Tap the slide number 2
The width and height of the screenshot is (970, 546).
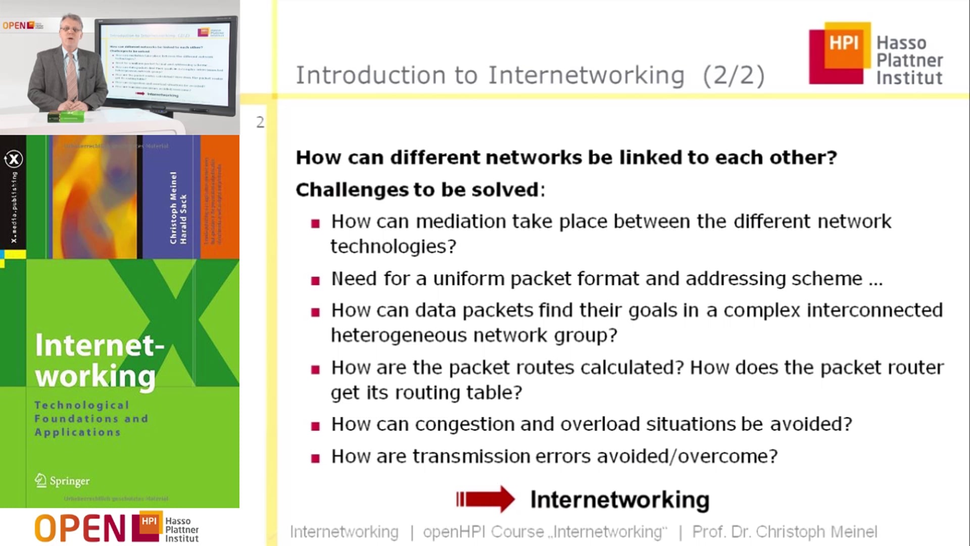click(x=260, y=122)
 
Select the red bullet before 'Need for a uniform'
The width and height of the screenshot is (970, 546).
click(x=316, y=280)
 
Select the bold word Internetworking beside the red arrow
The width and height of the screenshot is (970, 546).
click(x=619, y=499)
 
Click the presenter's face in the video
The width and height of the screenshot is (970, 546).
click(x=70, y=30)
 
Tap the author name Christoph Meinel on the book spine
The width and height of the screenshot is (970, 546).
click(x=173, y=207)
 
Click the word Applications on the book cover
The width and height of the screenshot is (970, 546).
click(x=77, y=432)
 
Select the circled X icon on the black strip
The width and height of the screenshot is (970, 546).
click(x=14, y=159)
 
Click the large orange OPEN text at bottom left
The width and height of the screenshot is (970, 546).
click(x=80, y=528)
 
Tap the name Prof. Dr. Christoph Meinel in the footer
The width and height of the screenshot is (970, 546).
click(x=784, y=532)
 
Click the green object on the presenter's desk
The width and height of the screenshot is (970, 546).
click(x=66, y=117)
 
